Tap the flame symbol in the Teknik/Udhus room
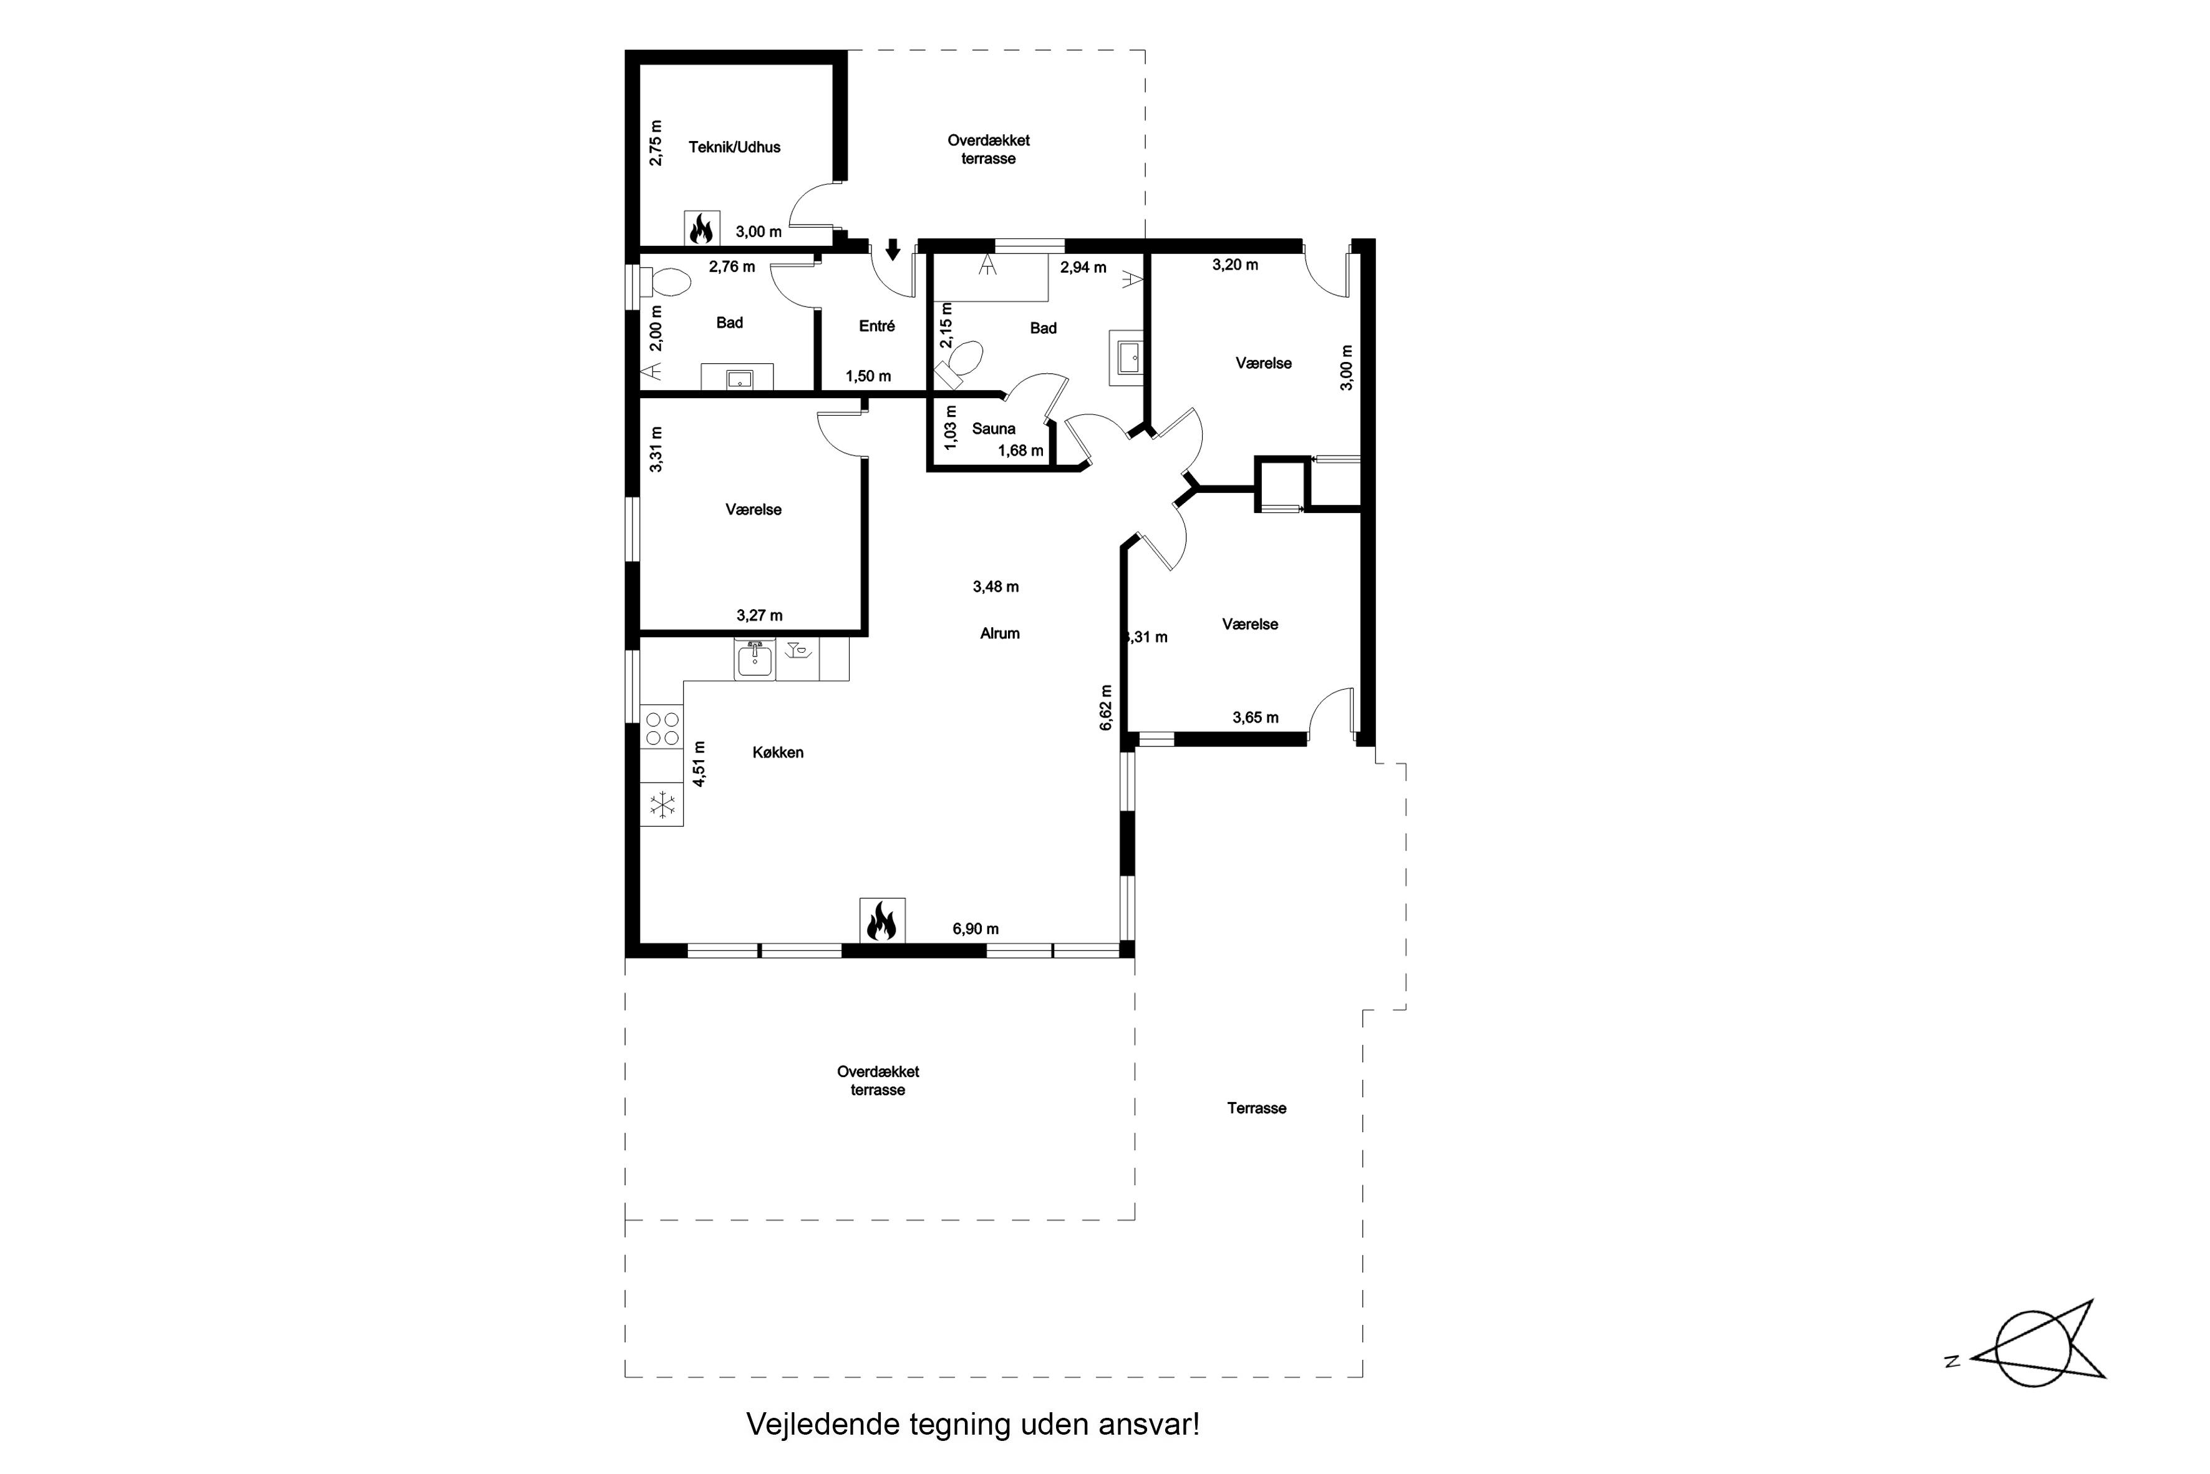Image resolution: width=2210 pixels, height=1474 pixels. click(x=702, y=228)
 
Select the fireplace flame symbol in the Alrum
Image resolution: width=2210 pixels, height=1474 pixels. click(x=882, y=920)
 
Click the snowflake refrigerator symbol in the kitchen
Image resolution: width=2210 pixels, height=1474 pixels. click(x=662, y=804)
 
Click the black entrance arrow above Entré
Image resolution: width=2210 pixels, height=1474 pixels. click(x=893, y=249)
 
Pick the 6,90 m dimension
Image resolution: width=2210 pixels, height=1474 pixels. click(x=976, y=929)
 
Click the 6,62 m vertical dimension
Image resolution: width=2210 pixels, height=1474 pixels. click(x=1106, y=707)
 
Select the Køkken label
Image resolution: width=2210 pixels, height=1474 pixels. click(x=778, y=752)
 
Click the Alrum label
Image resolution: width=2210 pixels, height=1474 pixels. click(x=1000, y=633)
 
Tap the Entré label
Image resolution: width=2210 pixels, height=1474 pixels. click(x=876, y=326)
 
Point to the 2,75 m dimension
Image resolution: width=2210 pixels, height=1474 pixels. click(x=656, y=143)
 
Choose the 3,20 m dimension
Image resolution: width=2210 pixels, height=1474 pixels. click(x=1234, y=265)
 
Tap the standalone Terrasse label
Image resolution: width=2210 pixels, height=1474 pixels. click(x=1256, y=1108)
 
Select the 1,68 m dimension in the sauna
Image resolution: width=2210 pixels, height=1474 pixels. click(x=1020, y=451)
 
